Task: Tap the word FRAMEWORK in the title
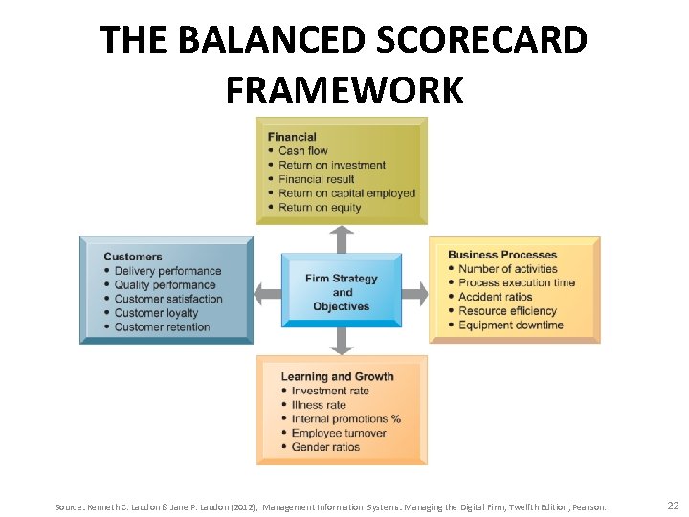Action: pyautogui.click(x=344, y=90)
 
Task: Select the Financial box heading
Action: pyautogui.click(x=292, y=137)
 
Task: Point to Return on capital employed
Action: pyautogui.click(x=346, y=193)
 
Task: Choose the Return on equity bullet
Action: pyautogui.click(x=320, y=207)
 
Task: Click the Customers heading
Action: pyautogui.click(x=133, y=257)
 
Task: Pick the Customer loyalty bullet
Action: pyautogui.click(x=156, y=313)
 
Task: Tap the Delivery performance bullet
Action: pyautogui.click(x=167, y=271)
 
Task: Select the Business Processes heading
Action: pyautogui.click(x=502, y=255)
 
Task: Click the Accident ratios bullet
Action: pyautogui.click(x=495, y=297)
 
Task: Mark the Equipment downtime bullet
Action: pyautogui.click(x=511, y=326)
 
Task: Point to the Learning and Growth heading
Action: pyautogui.click(x=337, y=377)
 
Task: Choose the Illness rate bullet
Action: pyautogui.click(x=319, y=405)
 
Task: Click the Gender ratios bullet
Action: pyautogui.click(x=325, y=447)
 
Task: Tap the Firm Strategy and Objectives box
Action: pyautogui.click(x=342, y=292)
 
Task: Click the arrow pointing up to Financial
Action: pyautogui.click(x=342, y=238)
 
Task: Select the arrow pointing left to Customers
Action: pyautogui.click(x=267, y=292)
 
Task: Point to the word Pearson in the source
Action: pyautogui.click(x=589, y=506)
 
